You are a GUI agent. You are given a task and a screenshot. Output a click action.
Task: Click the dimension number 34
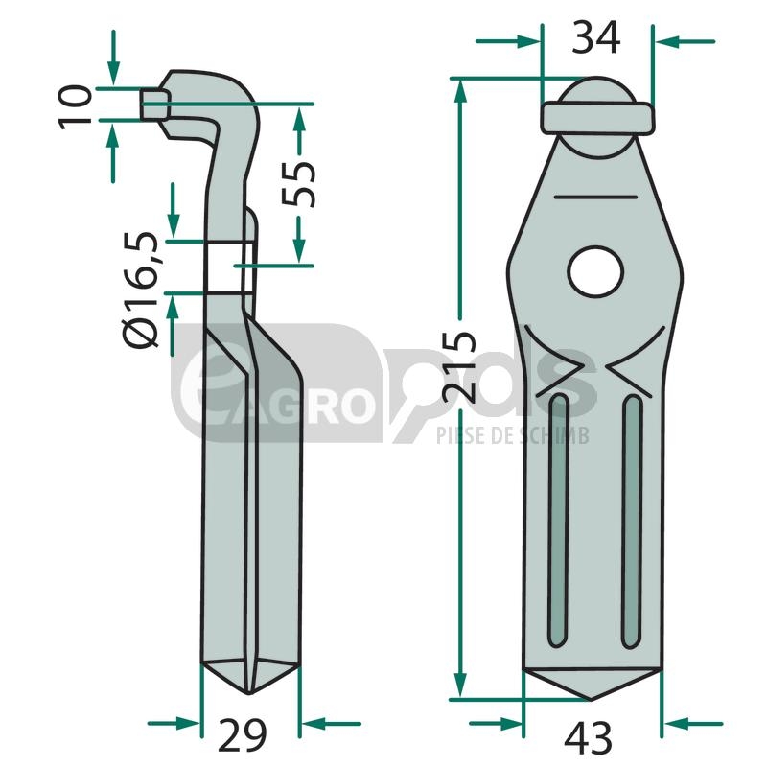coord(595,38)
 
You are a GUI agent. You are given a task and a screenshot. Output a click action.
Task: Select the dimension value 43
coord(588,737)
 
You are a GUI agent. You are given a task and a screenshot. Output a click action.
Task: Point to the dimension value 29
coord(243,735)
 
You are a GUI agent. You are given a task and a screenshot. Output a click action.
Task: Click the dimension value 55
coord(298,184)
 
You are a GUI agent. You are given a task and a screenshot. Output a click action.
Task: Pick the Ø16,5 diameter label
coord(142,289)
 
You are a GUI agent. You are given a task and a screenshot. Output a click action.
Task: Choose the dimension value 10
coord(76,107)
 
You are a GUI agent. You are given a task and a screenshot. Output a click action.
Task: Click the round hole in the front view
coord(595,272)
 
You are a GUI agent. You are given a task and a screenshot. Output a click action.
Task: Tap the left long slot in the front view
coord(558,521)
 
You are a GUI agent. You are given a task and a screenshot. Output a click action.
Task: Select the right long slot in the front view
coord(632,521)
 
